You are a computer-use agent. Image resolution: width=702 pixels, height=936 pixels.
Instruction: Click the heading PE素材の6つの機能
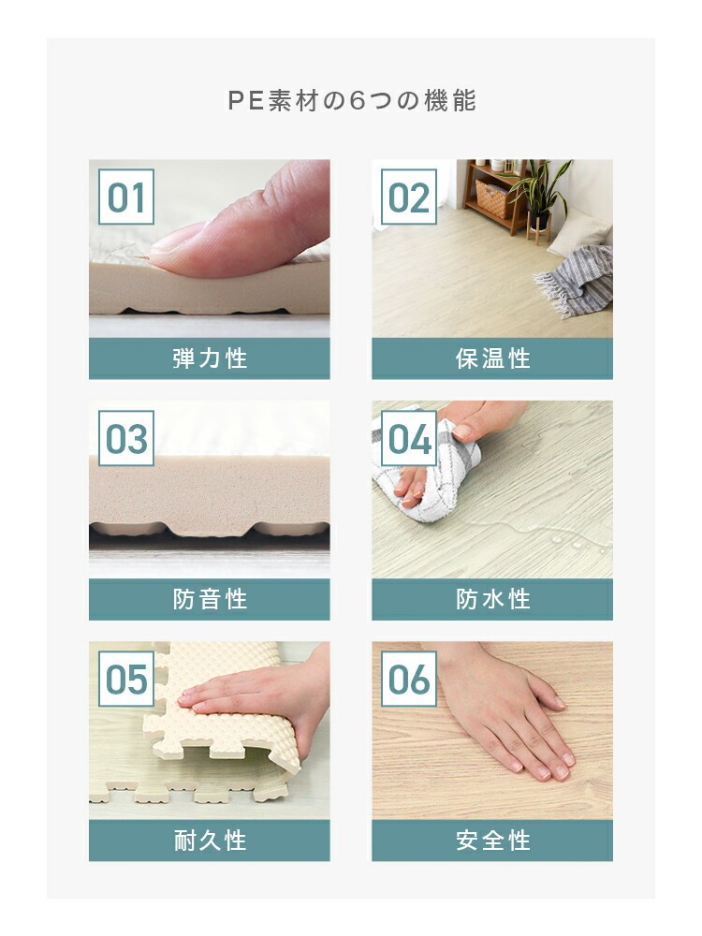[352, 101]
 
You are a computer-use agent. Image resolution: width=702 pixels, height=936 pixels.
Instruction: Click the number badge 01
[126, 197]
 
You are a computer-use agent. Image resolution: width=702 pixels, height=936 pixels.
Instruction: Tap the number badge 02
[409, 197]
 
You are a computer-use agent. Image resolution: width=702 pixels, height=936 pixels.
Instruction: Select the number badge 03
[126, 438]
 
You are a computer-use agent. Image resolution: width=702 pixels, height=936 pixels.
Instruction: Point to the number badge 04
[409, 438]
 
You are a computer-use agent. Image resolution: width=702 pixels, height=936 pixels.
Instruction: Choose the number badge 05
[126, 679]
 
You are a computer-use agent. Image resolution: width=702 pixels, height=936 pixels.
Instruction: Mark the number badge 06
[409, 679]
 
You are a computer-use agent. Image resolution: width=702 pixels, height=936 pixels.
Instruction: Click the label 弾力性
[210, 358]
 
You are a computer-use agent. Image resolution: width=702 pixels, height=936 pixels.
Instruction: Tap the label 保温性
[492, 358]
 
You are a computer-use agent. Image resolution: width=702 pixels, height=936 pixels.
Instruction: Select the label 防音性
[210, 599]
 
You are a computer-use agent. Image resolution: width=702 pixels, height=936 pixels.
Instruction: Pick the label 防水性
[492, 599]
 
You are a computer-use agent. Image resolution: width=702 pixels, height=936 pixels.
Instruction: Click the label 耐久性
[210, 840]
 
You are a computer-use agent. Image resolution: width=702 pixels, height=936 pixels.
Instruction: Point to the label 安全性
[492, 840]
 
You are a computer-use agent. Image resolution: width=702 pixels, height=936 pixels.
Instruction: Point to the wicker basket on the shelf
[494, 198]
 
